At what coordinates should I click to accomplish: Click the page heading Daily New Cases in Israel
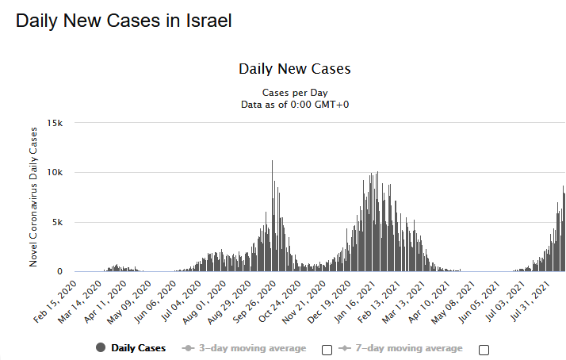coord(124,21)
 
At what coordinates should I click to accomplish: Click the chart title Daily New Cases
coord(294,69)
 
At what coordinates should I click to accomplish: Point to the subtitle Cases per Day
coord(294,92)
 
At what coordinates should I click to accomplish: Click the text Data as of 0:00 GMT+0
coord(294,104)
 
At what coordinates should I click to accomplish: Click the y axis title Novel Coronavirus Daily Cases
coord(34,197)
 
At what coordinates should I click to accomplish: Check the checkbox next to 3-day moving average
coord(327,350)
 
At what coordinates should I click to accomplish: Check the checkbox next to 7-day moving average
coord(484,350)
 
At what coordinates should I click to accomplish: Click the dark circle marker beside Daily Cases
coord(101,348)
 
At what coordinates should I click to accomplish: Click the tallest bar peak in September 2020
coord(273,162)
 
